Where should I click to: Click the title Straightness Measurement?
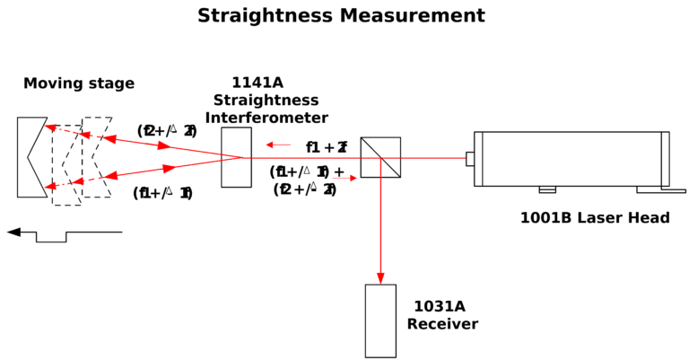[341, 16]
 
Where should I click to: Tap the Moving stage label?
[79, 83]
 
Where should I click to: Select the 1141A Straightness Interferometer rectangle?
[236, 157]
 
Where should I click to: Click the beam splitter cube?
[380, 157]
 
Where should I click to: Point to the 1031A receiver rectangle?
[380, 320]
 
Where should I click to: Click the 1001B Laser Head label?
[595, 218]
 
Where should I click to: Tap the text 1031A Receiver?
[442, 315]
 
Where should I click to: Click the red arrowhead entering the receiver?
[380, 277]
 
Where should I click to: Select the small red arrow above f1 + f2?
[279, 145]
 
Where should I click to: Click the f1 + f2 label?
[327, 147]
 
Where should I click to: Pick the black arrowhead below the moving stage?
[14, 232]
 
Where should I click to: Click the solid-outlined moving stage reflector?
[31, 157]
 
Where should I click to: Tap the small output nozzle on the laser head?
[469, 158]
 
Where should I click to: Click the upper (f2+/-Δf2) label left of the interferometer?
[167, 131]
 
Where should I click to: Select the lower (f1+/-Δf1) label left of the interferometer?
[162, 193]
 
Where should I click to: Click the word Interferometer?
[266, 118]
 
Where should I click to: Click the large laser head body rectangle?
[571, 158]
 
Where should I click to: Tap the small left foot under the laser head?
[547, 189]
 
